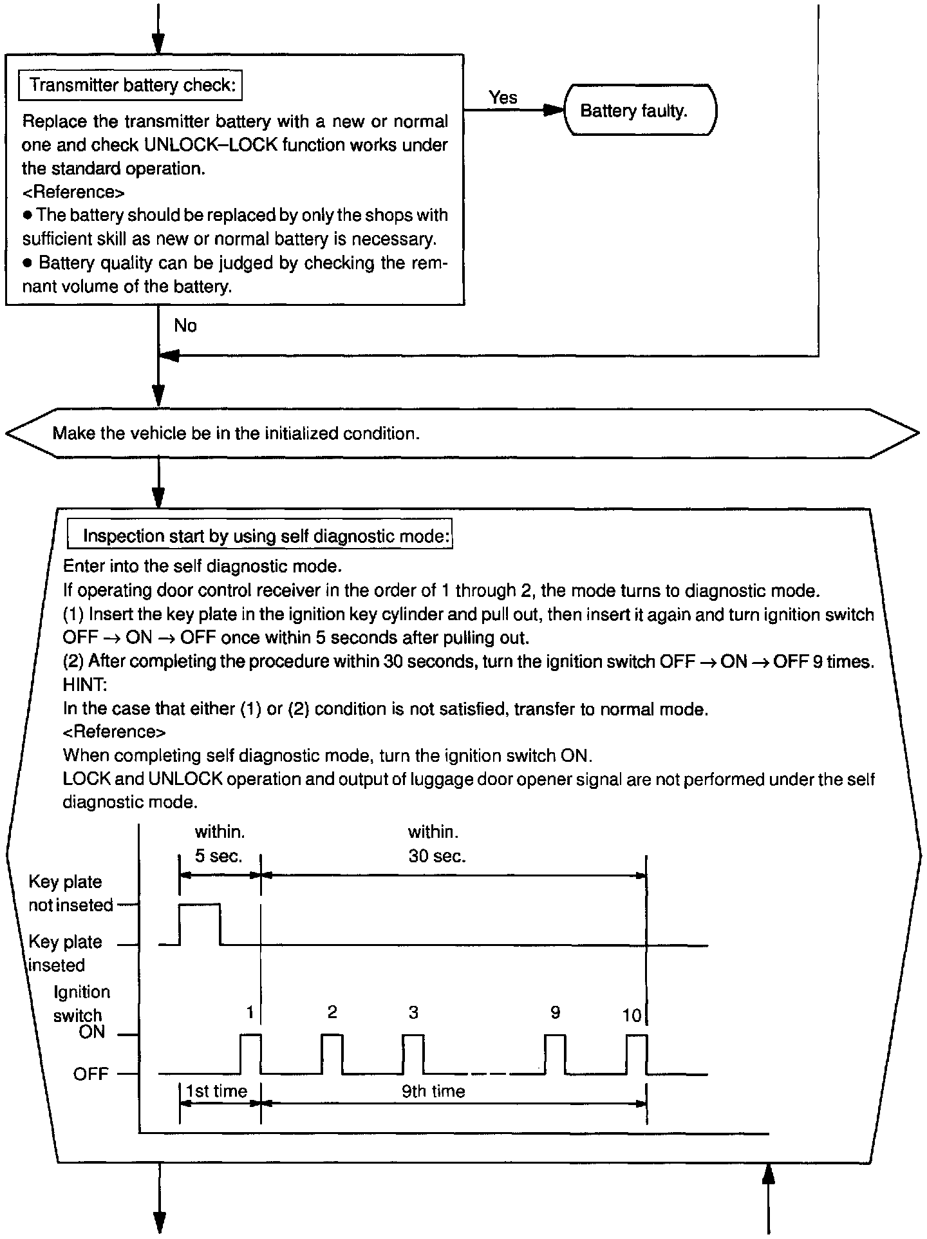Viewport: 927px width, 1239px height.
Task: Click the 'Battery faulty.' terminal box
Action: (x=639, y=110)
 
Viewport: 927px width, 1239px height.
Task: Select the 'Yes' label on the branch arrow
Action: (x=503, y=97)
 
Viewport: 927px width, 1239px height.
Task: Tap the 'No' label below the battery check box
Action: (x=185, y=326)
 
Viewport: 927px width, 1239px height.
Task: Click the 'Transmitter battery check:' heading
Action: (x=130, y=86)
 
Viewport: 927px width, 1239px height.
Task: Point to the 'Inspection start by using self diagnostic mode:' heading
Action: (x=260, y=536)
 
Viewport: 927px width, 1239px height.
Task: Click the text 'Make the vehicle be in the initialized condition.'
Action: (x=236, y=433)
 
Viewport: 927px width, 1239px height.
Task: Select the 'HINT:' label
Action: (x=84, y=685)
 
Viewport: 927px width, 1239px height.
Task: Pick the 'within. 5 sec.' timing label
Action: (x=219, y=844)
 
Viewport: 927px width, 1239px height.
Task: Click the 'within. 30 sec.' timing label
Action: (x=436, y=844)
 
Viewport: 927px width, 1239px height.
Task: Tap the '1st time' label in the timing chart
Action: (x=216, y=1091)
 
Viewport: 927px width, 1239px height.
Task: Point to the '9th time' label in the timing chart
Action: (x=433, y=1091)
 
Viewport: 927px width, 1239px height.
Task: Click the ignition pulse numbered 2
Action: (x=332, y=1054)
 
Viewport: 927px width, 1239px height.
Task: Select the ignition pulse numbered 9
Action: (x=555, y=1054)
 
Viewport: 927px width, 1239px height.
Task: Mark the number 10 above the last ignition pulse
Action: (x=632, y=1016)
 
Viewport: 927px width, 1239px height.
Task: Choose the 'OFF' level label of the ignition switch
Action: (x=91, y=1074)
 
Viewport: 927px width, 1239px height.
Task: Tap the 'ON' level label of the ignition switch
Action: (x=91, y=1032)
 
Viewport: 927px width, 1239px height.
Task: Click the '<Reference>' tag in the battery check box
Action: (x=73, y=192)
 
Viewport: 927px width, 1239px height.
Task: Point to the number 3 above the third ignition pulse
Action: (x=413, y=1013)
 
